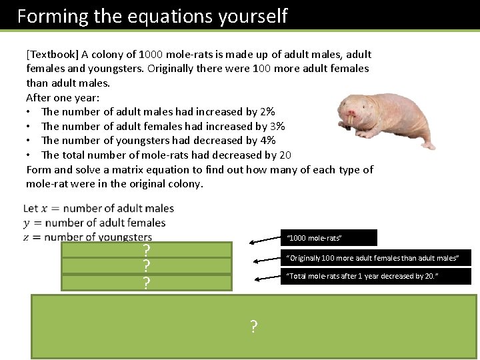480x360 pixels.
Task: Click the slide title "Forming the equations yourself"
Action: pyautogui.click(x=152, y=15)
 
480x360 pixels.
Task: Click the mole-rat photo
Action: pyautogui.click(x=384, y=116)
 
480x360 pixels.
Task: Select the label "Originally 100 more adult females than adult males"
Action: pyautogui.click(x=375, y=257)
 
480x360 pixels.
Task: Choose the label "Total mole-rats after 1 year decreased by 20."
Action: pyautogui.click(x=375, y=276)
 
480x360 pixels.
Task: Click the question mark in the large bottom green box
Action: pyautogui.click(x=253, y=327)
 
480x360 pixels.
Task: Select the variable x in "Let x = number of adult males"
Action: pyautogui.click(x=45, y=209)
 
